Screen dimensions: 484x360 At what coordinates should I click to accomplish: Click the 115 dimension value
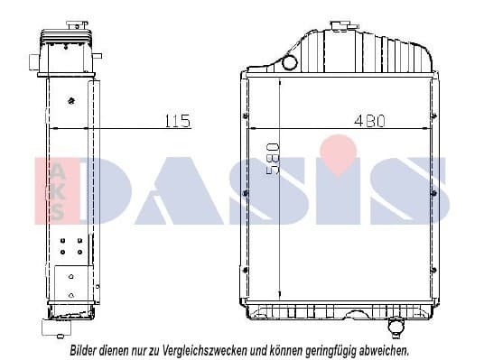point(178,121)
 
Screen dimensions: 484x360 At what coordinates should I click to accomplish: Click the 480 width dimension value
point(370,121)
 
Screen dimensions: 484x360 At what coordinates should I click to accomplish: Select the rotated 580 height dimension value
point(274,159)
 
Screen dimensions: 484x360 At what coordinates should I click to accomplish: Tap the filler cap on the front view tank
point(340,26)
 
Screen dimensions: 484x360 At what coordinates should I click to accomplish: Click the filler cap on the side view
point(77,24)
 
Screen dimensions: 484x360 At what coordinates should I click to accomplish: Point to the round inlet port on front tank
point(290,62)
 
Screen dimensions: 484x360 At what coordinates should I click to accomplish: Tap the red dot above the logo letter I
point(339,154)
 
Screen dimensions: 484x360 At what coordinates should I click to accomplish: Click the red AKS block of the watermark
point(55,190)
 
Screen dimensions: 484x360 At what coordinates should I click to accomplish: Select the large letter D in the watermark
point(105,190)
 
